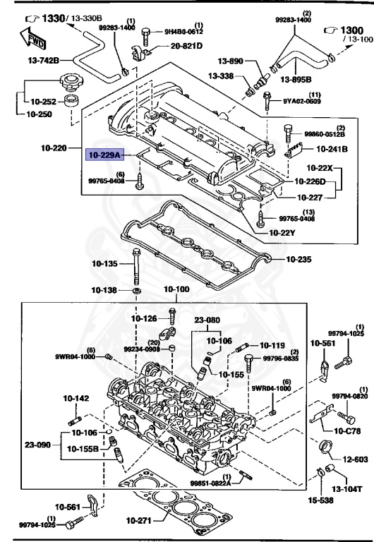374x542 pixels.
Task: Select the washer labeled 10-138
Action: [x=137, y=290]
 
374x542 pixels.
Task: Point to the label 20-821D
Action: [x=186, y=46]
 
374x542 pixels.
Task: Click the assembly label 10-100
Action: [x=177, y=289]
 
